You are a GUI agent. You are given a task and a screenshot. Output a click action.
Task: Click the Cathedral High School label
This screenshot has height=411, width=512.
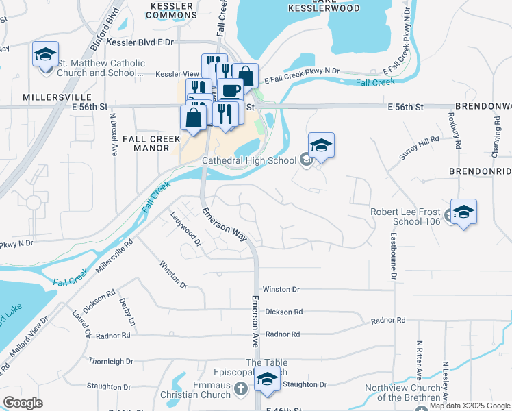[248, 161]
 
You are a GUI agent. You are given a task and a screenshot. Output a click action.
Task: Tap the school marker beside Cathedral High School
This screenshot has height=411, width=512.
[321, 145]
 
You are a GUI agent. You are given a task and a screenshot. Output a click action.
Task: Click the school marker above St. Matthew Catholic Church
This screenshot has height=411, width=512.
[46, 54]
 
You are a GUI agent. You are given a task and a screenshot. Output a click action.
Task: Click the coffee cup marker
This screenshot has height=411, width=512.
[231, 90]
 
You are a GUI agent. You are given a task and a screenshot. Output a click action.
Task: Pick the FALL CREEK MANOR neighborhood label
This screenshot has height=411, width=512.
[151, 143]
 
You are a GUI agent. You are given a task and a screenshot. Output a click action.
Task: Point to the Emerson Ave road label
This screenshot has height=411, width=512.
[254, 321]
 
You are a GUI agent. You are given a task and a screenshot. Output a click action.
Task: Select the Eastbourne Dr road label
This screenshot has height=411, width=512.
[394, 256]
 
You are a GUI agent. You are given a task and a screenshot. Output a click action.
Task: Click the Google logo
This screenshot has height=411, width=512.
[23, 403]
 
